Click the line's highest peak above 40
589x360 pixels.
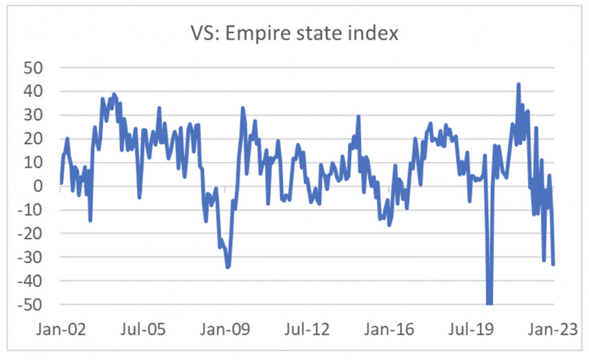[518, 85]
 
